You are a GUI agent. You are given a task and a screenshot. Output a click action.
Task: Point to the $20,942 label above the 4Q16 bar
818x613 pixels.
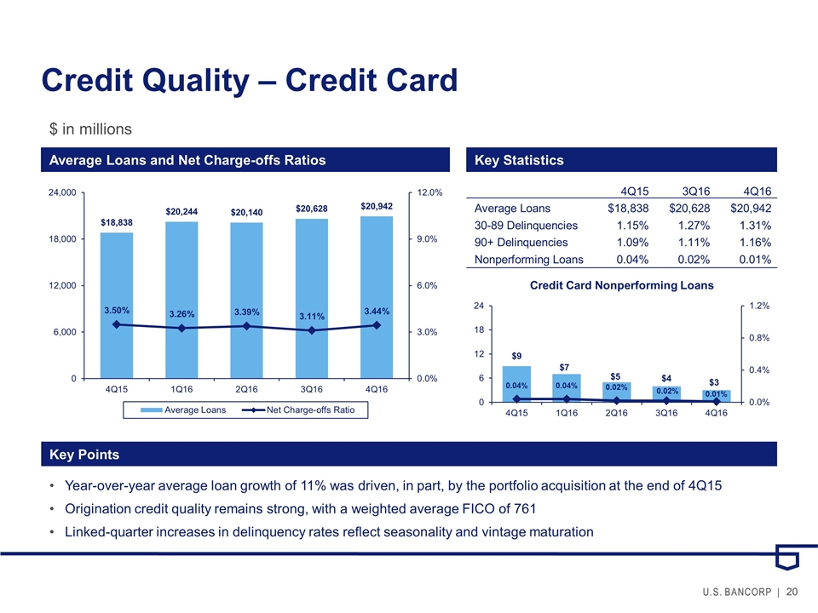[x=377, y=206]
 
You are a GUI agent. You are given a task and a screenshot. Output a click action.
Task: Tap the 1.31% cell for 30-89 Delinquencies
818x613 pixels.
[x=754, y=226]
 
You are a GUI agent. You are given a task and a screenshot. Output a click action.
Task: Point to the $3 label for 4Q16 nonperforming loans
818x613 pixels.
[x=715, y=382]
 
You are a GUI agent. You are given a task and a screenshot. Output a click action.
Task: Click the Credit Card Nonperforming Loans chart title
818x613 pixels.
[x=621, y=284]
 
